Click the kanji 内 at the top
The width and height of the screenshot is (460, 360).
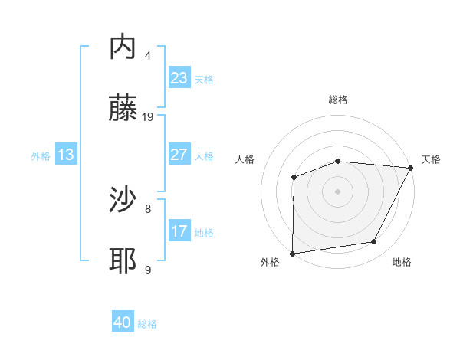(123, 47)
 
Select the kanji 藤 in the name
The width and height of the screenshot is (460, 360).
(123, 108)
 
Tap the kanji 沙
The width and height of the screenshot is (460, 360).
(123, 200)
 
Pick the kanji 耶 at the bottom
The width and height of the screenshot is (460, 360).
(123, 261)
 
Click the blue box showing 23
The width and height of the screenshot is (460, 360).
(179, 78)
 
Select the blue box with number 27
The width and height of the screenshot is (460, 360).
(179, 155)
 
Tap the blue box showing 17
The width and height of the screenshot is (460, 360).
(179, 231)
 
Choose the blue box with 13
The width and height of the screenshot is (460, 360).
(66, 155)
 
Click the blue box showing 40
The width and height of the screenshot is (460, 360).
(123, 323)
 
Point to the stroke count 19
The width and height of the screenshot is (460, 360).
(148, 116)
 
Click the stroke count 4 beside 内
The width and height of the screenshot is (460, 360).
(148, 55)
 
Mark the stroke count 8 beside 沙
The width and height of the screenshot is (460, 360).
(148, 208)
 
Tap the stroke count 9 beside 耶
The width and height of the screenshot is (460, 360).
(148, 270)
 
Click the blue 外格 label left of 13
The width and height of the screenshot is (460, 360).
(41, 155)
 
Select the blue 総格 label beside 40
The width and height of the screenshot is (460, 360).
(147, 324)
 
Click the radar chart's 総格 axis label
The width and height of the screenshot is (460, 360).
(337, 100)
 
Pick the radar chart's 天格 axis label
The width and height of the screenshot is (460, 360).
(431, 159)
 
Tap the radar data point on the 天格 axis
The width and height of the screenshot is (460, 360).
(411, 168)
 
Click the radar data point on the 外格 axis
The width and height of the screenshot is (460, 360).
(292, 254)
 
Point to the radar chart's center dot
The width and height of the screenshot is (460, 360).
(337, 191)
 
